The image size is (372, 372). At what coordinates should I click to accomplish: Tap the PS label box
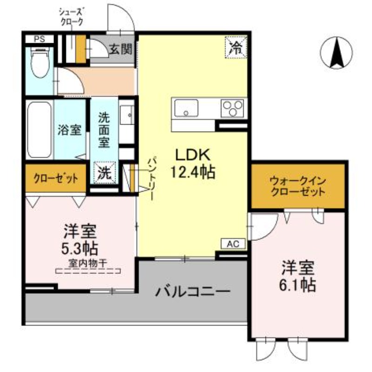click(39, 39)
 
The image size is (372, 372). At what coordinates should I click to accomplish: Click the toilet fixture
click(38, 63)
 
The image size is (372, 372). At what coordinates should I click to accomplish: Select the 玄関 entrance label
click(120, 48)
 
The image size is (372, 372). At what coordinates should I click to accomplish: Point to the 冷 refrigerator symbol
click(237, 46)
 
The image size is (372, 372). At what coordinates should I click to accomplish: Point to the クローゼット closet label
click(55, 178)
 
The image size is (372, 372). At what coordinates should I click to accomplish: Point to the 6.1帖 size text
click(298, 284)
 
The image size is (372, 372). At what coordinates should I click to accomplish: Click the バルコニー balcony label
click(193, 292)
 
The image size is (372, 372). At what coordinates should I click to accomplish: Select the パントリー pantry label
click(152, 179)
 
